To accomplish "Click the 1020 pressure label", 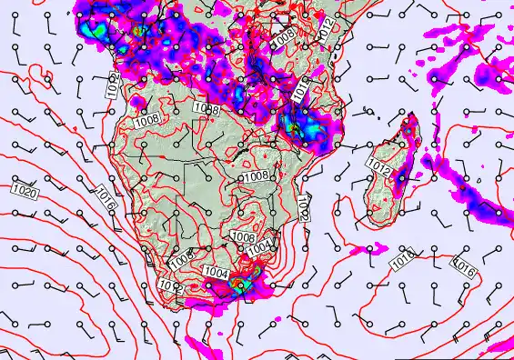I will (25, 193).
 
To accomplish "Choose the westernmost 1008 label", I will (146, 119).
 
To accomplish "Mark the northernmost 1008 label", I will (283, 37).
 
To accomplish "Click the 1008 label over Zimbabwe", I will (256, 175).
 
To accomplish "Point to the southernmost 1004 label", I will (217, 271).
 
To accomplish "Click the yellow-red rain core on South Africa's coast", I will (240, 285).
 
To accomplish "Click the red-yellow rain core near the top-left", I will (138, 30).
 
